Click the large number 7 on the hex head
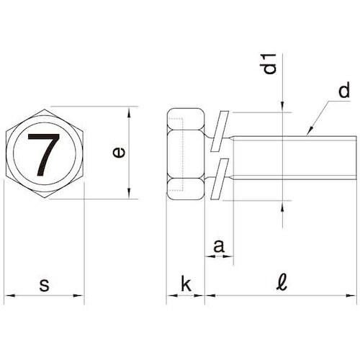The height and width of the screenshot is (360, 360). coord(43,153)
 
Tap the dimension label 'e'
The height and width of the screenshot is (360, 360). coord(119,153)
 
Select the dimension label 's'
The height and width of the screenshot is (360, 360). coord(45,285)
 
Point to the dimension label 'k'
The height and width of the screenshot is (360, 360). coord(186,283)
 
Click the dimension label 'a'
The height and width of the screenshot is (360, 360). coord(219,246)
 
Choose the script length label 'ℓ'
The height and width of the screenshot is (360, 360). coord(282,282)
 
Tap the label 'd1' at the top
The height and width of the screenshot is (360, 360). coord(270,64)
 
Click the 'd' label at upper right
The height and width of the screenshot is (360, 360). coord(344,90)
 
